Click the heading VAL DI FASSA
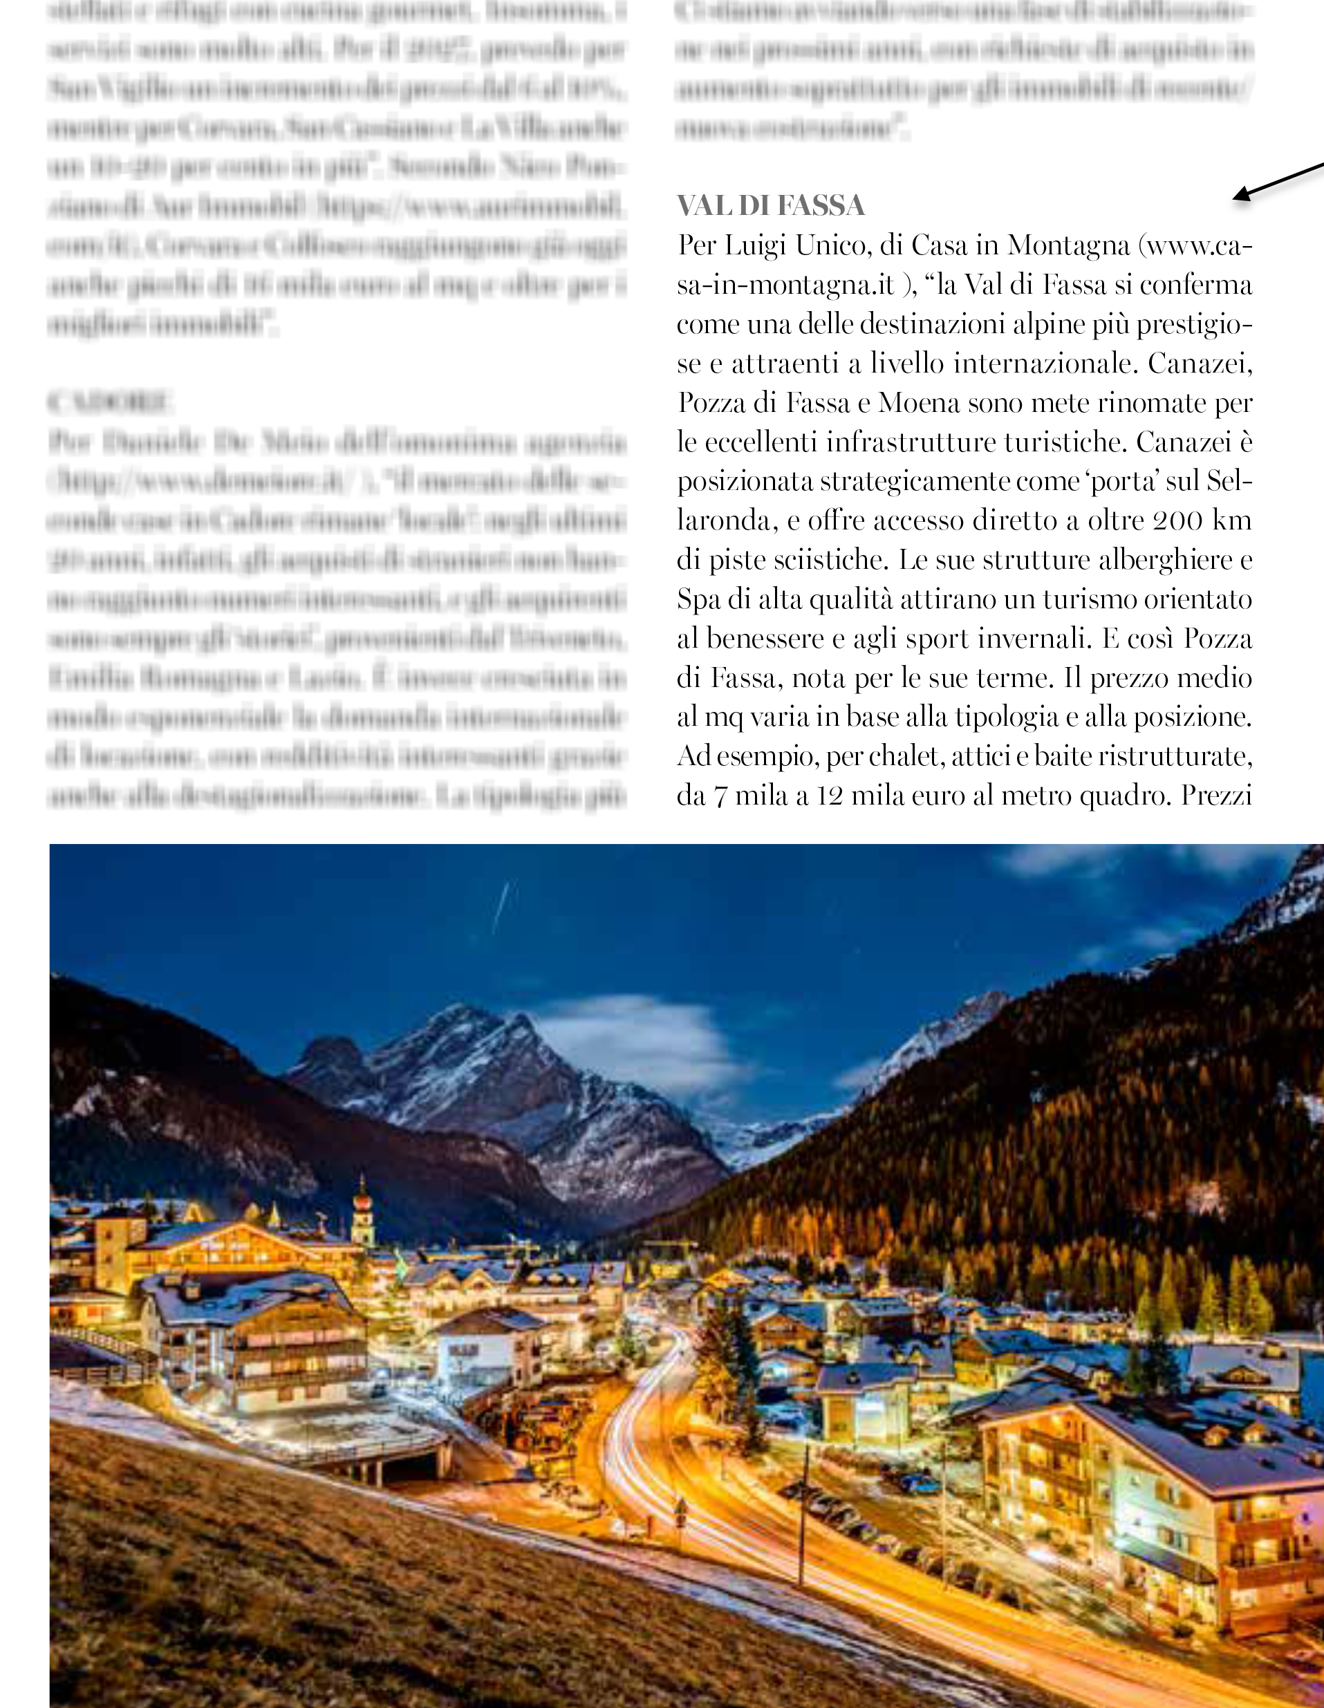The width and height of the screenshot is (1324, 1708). (770, 206)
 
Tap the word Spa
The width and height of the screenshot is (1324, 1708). (698, 600)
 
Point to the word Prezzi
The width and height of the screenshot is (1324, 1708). (1216, 796)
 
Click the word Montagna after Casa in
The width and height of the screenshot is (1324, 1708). (1068, 246)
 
